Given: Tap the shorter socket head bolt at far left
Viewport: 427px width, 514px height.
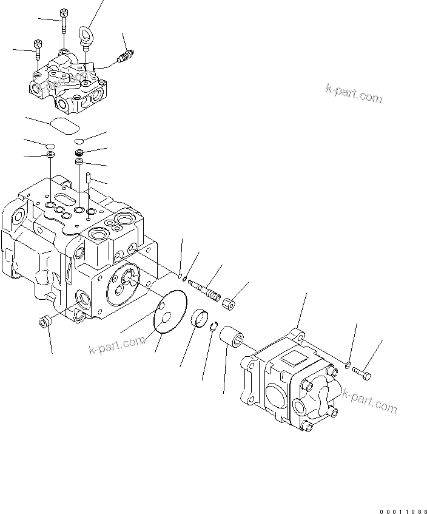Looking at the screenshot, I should click(x=38, y=48).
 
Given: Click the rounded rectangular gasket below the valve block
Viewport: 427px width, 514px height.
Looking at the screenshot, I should click(x=64, y=125).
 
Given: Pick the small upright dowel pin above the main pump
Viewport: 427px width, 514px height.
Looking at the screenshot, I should click(x=88, y=178).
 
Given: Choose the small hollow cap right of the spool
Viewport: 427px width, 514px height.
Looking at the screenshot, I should click(x=229, y=303).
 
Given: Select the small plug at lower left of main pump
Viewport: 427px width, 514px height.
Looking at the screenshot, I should click(x=44, y=322).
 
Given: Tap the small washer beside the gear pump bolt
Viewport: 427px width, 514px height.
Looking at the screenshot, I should click(x=348, y=365).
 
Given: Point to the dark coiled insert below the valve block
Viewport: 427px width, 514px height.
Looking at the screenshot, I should click(x=79, y=152).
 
